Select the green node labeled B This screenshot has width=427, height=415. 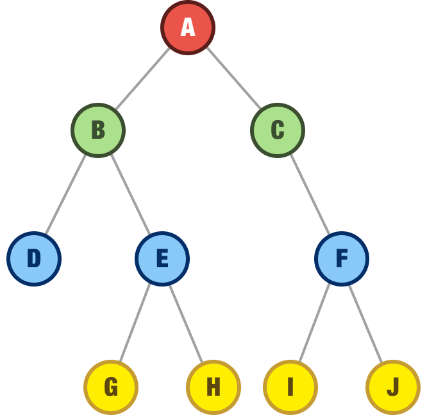pos(98,130)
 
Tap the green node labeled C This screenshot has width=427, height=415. pos(278,130)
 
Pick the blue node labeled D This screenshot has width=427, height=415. pos(34,259)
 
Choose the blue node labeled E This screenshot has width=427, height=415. pos(162,259)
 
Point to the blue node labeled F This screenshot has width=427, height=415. pos(342,259)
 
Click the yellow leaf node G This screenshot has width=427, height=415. pos(111,387)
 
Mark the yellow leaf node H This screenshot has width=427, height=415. pos(213,387)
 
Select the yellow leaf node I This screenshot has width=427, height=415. pos(290,387)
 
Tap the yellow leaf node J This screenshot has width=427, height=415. pos(393,387)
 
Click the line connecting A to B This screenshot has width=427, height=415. pos(143,78)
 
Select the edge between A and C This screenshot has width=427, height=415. pos(233,78)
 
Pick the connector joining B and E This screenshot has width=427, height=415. pos(130,194)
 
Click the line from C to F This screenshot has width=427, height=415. pos(310,194)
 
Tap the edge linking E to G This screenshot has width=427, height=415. pos(135,322)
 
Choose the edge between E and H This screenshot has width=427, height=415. pos(186,322)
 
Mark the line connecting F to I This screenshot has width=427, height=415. pos(315,322)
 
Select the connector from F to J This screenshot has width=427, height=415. pos(365,322)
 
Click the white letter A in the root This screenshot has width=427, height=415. pos(188,28)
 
